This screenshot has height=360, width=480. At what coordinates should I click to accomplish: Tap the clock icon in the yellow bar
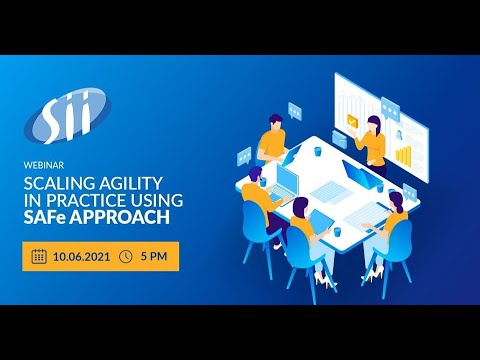tap(126, 256)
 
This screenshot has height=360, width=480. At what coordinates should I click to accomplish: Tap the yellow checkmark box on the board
tap(351, 119)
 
